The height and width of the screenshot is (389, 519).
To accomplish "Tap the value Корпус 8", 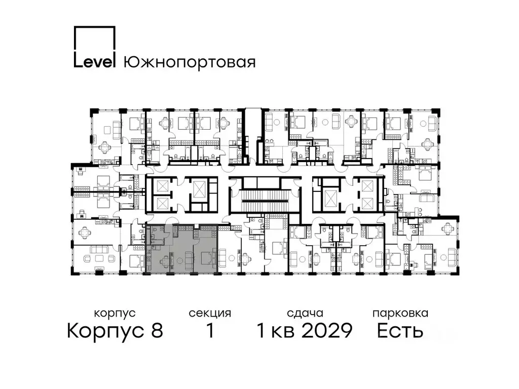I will [x=115, y=331].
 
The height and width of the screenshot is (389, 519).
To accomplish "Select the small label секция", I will [x=210, y=314].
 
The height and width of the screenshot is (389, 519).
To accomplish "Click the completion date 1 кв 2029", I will [x=304, y=331].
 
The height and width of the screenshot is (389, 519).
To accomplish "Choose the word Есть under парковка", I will [x=400, y=331].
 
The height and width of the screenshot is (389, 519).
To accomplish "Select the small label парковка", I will [x=400, y=314].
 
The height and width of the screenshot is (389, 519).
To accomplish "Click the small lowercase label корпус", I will [x=115, y=314].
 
